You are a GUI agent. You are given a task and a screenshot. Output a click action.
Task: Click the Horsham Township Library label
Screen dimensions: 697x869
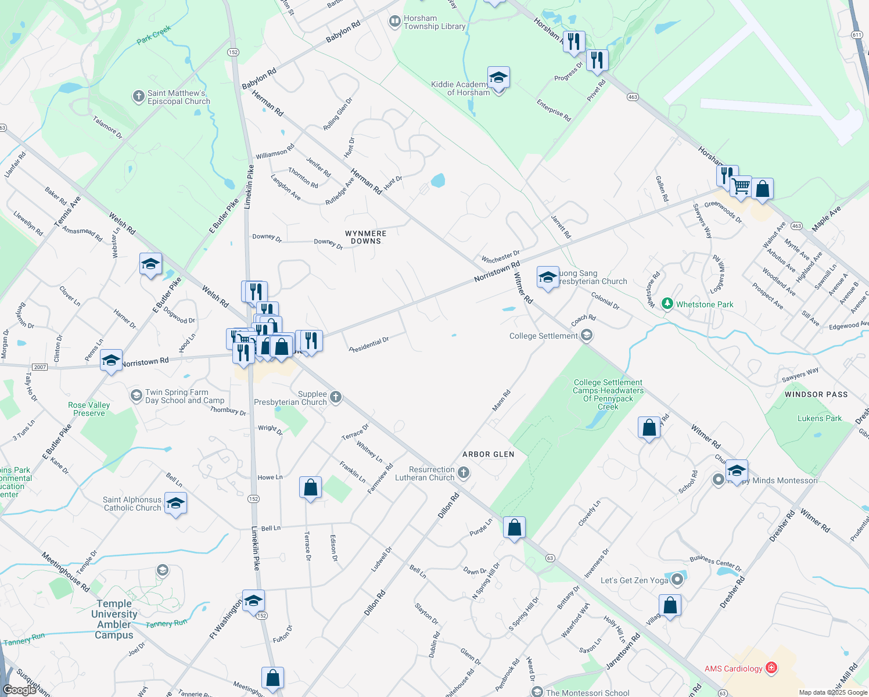click(x=434, y=22)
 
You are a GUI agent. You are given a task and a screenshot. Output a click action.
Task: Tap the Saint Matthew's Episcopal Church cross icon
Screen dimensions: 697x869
click(x=138, y=96)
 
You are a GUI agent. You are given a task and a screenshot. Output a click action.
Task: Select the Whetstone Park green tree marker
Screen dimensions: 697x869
click(x=667, y=304)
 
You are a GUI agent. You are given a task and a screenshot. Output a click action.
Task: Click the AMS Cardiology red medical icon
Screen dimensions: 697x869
click(x=771, y=668)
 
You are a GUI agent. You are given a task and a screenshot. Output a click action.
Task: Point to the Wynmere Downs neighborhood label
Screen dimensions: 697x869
click(x=365, y=237)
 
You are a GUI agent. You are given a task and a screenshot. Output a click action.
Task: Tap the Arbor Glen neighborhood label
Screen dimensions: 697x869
click(x=488, y=454)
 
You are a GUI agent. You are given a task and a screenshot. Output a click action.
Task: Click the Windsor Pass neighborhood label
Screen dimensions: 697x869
click(x=816, y=394)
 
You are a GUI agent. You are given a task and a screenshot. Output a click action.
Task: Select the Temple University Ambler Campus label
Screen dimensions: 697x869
click(x=114, y=619)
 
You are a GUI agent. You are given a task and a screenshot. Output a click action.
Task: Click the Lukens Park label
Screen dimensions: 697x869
click(x=819, y=418)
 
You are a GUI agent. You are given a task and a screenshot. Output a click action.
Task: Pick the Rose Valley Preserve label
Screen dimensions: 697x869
click(x=89, y=409)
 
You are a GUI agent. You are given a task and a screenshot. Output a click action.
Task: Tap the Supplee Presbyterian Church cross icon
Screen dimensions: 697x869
click(x=335, y=397)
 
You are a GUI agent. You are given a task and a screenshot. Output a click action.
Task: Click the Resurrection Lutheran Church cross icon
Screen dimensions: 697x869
click(x=463, y=473)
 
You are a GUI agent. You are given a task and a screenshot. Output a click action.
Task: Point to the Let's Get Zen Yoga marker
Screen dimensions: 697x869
click(x=677, y=580)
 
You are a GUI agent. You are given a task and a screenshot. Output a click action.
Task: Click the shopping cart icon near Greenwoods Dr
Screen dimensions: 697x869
click(x=741, y=186)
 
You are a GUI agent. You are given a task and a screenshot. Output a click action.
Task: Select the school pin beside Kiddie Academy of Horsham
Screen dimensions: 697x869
click(x=498, y=77)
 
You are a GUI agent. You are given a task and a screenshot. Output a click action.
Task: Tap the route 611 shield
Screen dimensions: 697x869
click(x=857, y=35)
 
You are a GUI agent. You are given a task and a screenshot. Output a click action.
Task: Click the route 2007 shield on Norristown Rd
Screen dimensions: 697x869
click(x=39, y=367)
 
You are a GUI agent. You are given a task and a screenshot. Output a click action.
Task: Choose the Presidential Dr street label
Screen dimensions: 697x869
click(x=369, y=344)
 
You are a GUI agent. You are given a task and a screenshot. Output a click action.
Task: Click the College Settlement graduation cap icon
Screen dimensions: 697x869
click(x=587, y=335)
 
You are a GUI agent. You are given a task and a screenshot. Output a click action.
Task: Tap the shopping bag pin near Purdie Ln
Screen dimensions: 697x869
click(x=515, y=527)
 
